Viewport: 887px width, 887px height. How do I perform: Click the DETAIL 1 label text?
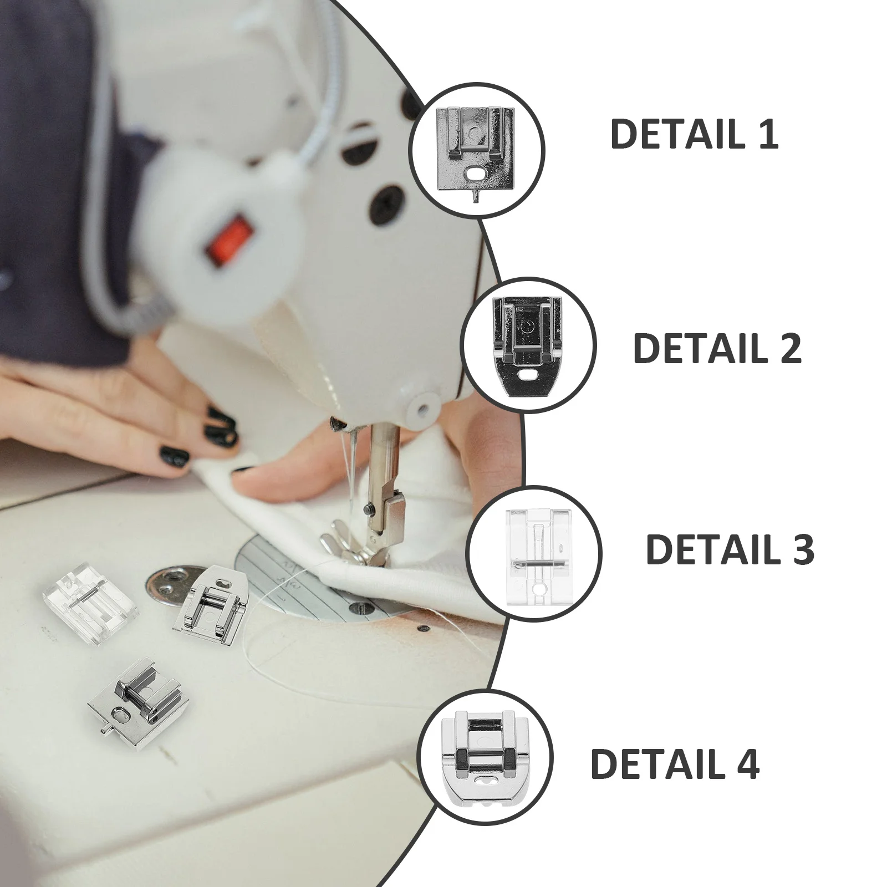(694, 134)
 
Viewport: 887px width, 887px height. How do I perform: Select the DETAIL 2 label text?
(717, 348)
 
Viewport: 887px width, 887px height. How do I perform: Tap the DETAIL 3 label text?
(730, 550)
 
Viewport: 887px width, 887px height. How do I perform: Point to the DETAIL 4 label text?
(675, 763)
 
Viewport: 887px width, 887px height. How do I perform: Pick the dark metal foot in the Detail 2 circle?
(528, 344)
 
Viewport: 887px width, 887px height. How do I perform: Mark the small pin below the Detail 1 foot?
(476, 197)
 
